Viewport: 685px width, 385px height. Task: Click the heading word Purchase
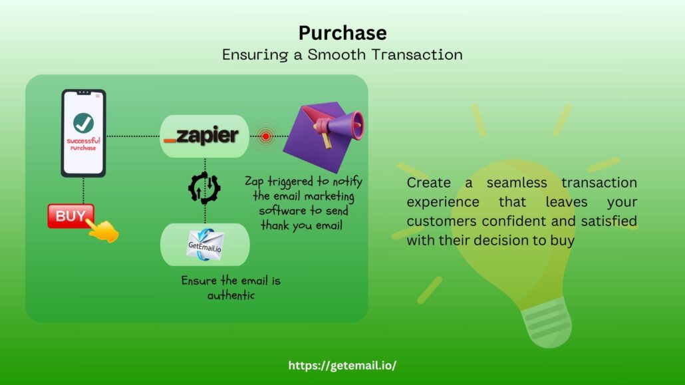[x=342, y=33]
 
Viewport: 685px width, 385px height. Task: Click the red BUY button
[x=70, y=216]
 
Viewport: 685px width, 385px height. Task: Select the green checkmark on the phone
[x=83, y=122]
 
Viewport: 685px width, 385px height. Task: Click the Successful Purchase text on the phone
[x=83, y=144]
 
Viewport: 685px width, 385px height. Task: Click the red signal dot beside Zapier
[x=266, y=136]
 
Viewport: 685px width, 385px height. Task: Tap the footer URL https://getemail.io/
[x=342, y=365]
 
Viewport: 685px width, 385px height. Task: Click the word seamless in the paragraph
[x=509, y=183]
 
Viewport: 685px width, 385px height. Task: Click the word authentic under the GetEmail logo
[x=231, y=295]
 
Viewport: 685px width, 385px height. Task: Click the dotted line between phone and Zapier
[x=133, y=136]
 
